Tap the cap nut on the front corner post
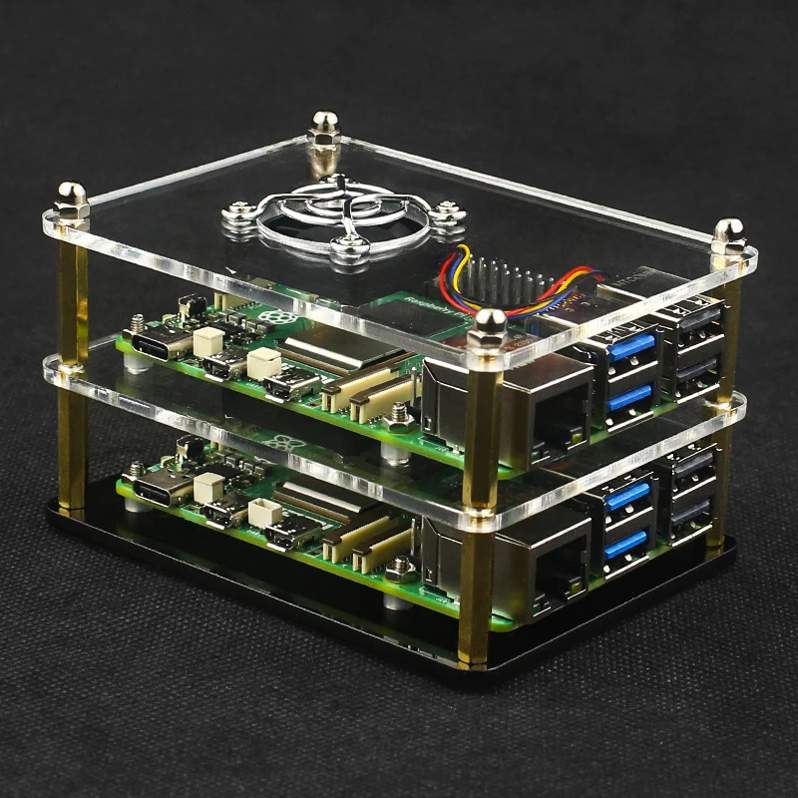490,329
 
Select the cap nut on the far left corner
72,199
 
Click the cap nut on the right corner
728,237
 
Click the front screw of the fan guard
345,247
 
